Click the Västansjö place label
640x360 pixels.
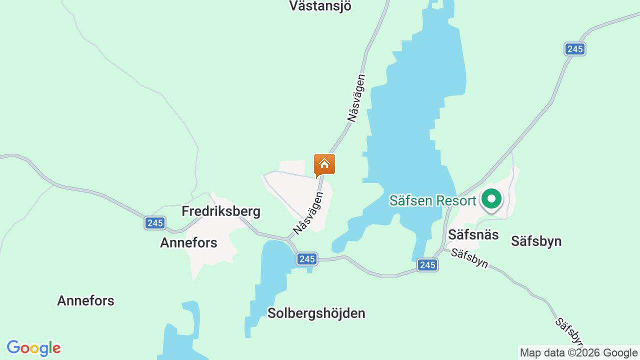click(x=320, y=6)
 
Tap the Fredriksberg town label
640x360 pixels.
click(x=221, y=211)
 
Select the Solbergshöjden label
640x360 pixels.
click(x=316, y=313)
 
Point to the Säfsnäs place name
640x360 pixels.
click(x=473, y=234)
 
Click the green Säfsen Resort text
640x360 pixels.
click(x=432, y=201)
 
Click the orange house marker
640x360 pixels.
click(x=324, y=164)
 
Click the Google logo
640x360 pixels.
click(x=34, y=348)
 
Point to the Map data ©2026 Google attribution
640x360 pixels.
click(x=578, y=353)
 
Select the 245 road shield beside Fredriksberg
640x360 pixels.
click(x=155, y=223)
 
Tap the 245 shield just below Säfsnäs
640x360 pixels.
click(x=427, y=265)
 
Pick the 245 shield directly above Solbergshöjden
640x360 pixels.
click(x=307, y=258)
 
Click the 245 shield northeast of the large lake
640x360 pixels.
click(x=575, y=49)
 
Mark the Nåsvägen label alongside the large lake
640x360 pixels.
click(x=356, y=98)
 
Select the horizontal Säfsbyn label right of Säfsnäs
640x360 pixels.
click(x=536, y=241)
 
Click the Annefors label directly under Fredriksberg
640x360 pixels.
click(x=188, y=243)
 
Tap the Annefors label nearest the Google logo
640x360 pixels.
click(x=85, y=301)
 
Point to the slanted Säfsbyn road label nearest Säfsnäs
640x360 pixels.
click(x=469, y=258)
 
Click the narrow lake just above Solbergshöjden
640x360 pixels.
click(x=270, y=280)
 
